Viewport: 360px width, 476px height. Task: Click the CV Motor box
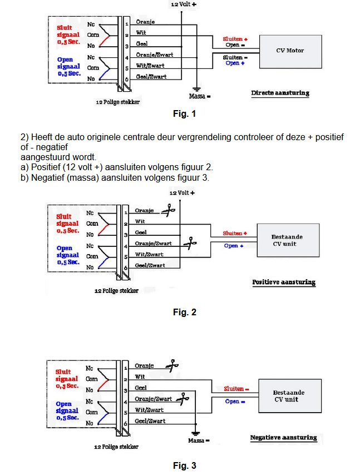coord(290,52)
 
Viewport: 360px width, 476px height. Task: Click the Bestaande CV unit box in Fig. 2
coord(288,240)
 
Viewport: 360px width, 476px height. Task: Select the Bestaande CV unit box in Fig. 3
coord(290,396)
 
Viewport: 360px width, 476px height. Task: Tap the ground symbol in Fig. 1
coord(196,89)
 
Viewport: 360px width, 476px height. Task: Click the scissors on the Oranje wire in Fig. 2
coord(168,210)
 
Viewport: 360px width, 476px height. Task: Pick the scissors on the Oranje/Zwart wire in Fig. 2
coord(190,243)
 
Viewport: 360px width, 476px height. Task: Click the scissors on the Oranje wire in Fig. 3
coord(172,365)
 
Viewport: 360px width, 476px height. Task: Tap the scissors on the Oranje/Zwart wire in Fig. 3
coord(183,399)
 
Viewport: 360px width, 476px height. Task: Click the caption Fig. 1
coord(184,114)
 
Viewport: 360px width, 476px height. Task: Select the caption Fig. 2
coord(185,312)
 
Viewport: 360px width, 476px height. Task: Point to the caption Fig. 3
coord(185,465)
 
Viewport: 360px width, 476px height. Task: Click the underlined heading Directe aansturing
coord(280,93)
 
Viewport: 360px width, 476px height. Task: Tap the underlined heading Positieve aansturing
coord(284,282)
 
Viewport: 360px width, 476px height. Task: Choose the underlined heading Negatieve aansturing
coord(283,438)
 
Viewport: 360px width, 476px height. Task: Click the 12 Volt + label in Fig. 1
coord(184,4)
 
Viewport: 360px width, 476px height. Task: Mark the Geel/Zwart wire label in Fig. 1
coord(151,77)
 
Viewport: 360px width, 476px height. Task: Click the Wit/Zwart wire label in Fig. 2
coord(149,254)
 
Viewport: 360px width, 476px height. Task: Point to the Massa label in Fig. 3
coord(199,440)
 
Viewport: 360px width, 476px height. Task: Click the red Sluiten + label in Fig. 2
coord(235,233)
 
